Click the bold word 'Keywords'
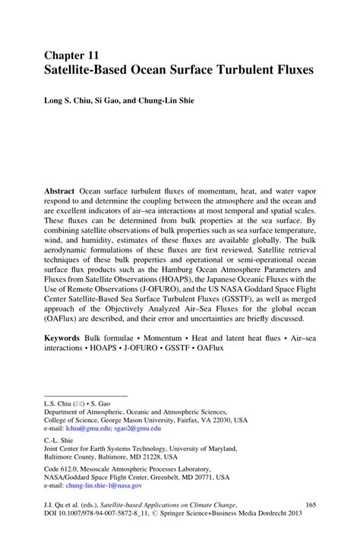(64, 335)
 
